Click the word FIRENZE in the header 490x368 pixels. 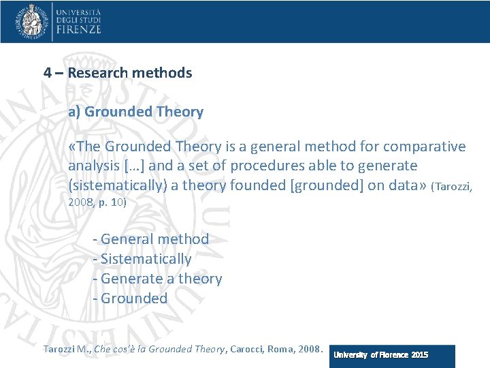[x=79, y=29]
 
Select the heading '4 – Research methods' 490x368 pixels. [x=118, y=73]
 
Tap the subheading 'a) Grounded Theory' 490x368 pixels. [x=135, y=112]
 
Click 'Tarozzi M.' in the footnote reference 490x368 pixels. [x=65, y=350]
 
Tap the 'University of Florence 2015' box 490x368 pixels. [x=392, y=355]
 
